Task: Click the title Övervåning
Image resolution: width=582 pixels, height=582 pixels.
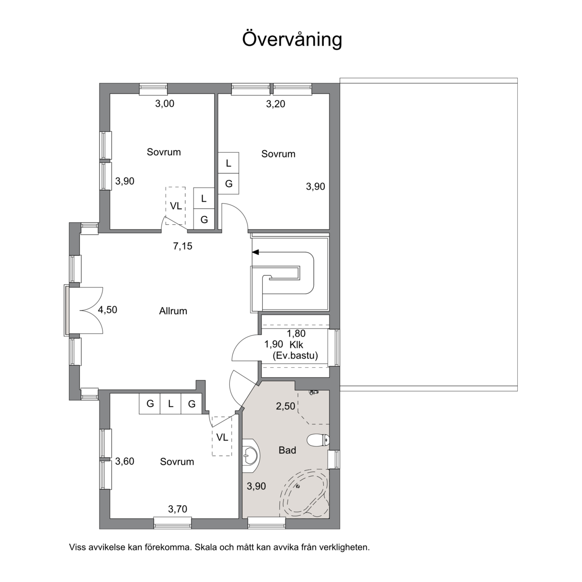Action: click(x=292, y=39)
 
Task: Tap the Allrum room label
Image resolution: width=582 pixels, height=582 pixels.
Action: click(x=173, y=311)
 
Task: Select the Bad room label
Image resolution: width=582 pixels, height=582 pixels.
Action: click(x=287, y=450)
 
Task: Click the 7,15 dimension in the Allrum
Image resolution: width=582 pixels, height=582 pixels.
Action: click(x=182, y=246)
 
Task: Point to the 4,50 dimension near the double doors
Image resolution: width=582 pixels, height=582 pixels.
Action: click(x=107, y=310)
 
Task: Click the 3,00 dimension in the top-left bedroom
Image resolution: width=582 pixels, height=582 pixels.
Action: click(x=164, y=104)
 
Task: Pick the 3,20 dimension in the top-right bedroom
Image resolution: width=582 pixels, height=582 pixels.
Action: click(x=275, y=104)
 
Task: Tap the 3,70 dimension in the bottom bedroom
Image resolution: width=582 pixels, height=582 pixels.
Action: click(x=177, y=509)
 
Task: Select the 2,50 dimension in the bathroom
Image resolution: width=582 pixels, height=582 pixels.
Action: click(x=285, y=406)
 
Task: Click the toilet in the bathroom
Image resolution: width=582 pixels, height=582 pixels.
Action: click(x=318, y=441)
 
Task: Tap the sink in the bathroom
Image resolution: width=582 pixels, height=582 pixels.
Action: click(x=251, y=455)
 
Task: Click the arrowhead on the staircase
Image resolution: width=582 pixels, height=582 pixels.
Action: click(x=255, y=253)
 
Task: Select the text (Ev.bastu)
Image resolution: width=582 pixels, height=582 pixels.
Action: click(x=295, y=356)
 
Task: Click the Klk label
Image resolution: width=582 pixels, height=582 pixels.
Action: click(x=297, y=345)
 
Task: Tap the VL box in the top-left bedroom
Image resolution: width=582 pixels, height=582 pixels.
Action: click(x=176, y=206)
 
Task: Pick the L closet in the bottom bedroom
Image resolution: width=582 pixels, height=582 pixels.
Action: click(x=171, y=404)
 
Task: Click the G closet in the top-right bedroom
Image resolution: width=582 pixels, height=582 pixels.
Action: click(x=229, y=183)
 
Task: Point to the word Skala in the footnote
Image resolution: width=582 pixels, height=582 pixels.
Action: click(x=206, y=547)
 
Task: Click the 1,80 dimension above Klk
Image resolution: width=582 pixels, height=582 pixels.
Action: click(x=296, y=333)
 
